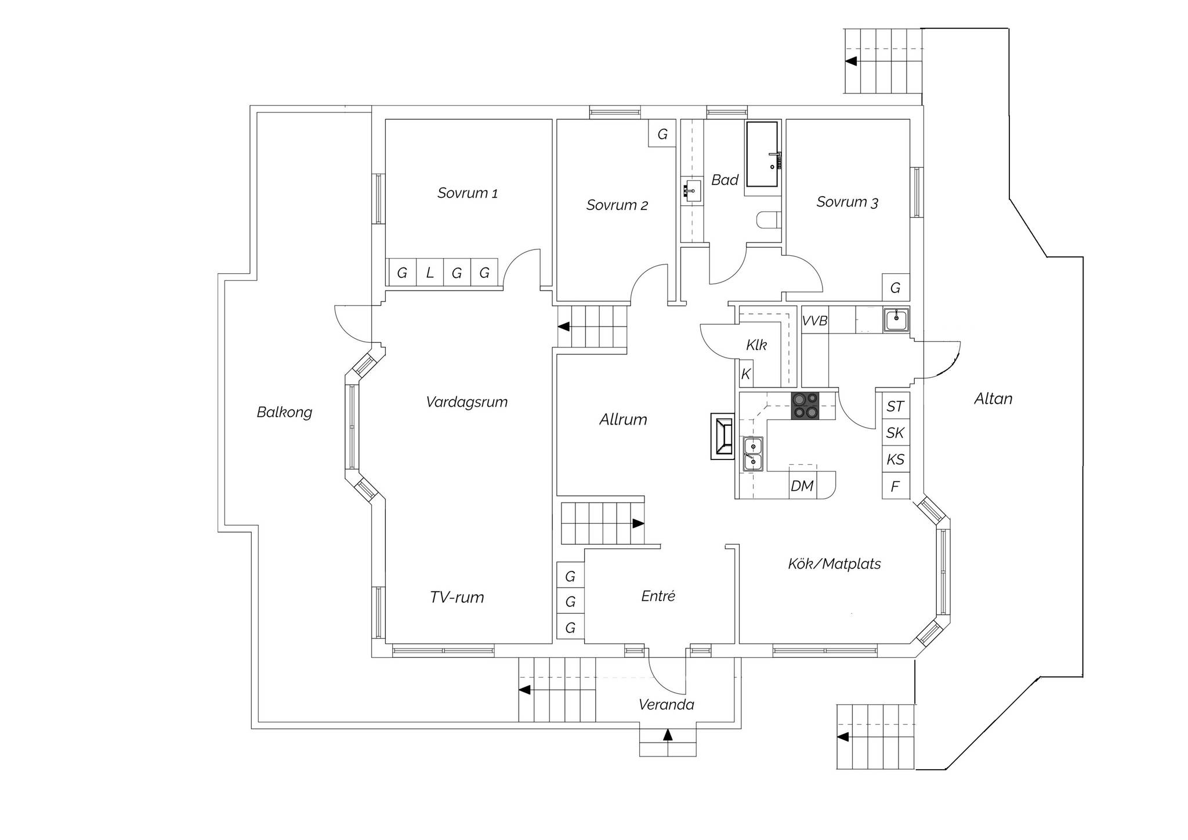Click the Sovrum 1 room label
pos(468,193)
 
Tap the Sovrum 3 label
pos(847,202)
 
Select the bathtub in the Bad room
pos(762,154)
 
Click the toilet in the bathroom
pos(768,220)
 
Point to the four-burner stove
pos(805,405)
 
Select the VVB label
pos(814,321)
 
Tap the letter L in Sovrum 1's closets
pos(430,273)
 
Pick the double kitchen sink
pos(753,454)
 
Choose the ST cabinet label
pos(895,407)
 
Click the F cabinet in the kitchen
pos(895,487)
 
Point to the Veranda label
pos(666,705)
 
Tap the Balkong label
pos(284,412)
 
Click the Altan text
pos(993,399)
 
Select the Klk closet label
pos(756,345)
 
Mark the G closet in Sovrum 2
pos(662,135)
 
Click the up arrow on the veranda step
pos(668,735)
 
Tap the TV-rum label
pos(457,598)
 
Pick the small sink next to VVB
pos(896,320)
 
